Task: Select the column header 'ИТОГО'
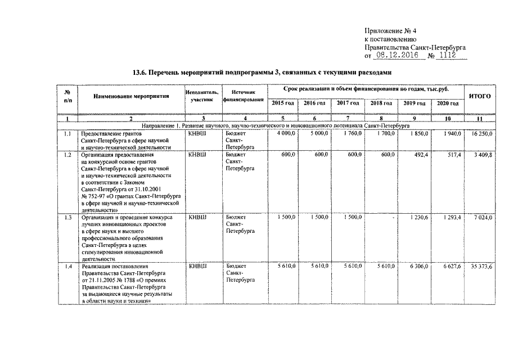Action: pyautogui.click(x=479, y=96)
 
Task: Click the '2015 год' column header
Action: pyautogui.click(x=283, y=103)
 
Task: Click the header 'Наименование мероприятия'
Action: pyautogui.click(x=132, y=96)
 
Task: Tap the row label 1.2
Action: pyautogui.click(x=67, y=154)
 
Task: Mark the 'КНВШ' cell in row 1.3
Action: pyautogui.click(x=197, y=217)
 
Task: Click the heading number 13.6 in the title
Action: pyautogui.click(x=141, y=73)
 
